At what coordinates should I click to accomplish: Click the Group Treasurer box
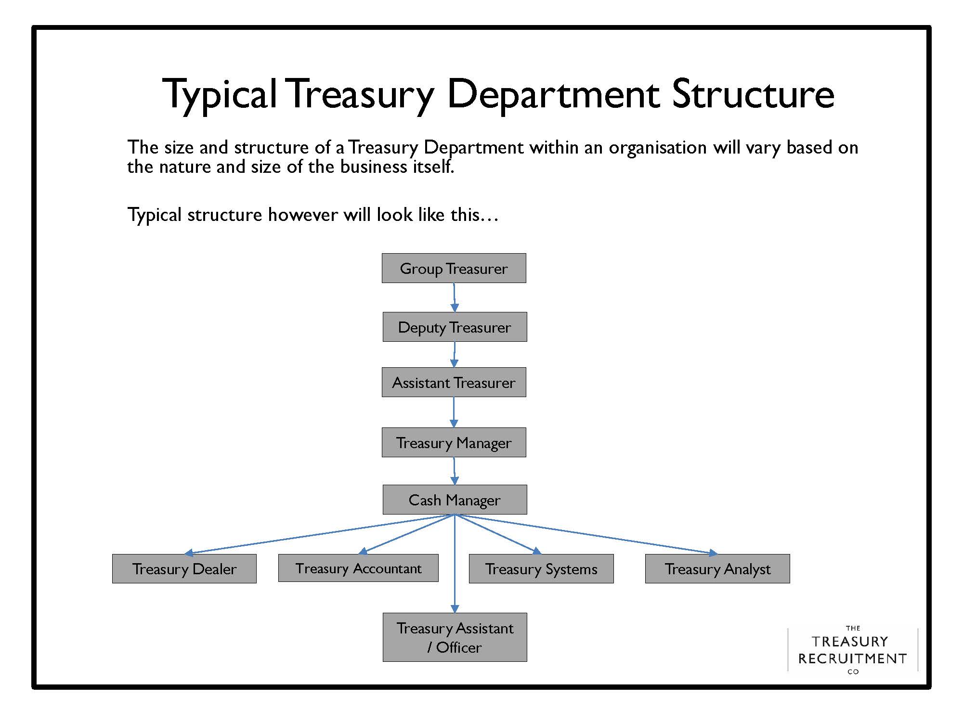tap(454, 268)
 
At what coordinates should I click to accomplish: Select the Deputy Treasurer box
tap(455, 327)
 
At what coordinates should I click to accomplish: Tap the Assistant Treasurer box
tap(454, 382)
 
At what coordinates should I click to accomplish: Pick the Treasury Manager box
tap(454, 442)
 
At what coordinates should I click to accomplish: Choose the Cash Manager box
tap(455, 500)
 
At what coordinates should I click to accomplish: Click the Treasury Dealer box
tap(184, 568)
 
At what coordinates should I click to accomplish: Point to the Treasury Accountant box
tap(358, 568)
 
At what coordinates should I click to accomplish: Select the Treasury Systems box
tap(541, 568)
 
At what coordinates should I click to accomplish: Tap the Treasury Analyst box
tap(717, 568)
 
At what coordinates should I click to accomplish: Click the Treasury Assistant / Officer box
tap(455, 637)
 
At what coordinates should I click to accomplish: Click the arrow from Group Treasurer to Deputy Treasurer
tap(454, 296)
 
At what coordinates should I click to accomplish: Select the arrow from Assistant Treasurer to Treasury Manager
tap(454, 412)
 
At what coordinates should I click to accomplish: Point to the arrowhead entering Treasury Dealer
tap(189, 553)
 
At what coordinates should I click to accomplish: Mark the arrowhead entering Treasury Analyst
tap(713, 553)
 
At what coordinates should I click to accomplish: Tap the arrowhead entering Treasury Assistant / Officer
tap(455, 608)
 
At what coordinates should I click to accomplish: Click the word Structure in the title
tap(753, 94)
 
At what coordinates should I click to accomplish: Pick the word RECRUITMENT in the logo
tap(852, 658)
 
